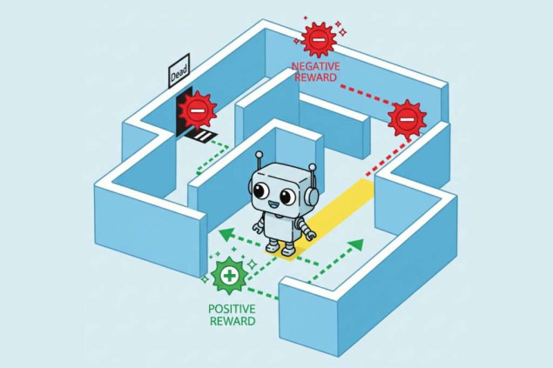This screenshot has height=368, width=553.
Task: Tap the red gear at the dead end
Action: point(198,110)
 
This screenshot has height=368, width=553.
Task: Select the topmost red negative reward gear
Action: point(319,39)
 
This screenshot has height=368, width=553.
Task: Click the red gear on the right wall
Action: point(406,116)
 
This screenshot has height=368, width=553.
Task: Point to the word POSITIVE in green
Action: point(232,308)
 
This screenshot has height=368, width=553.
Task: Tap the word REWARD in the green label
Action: point(232,321)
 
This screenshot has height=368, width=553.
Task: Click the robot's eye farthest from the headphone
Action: point(263,190)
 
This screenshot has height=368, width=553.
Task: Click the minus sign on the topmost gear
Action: point(319,39)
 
